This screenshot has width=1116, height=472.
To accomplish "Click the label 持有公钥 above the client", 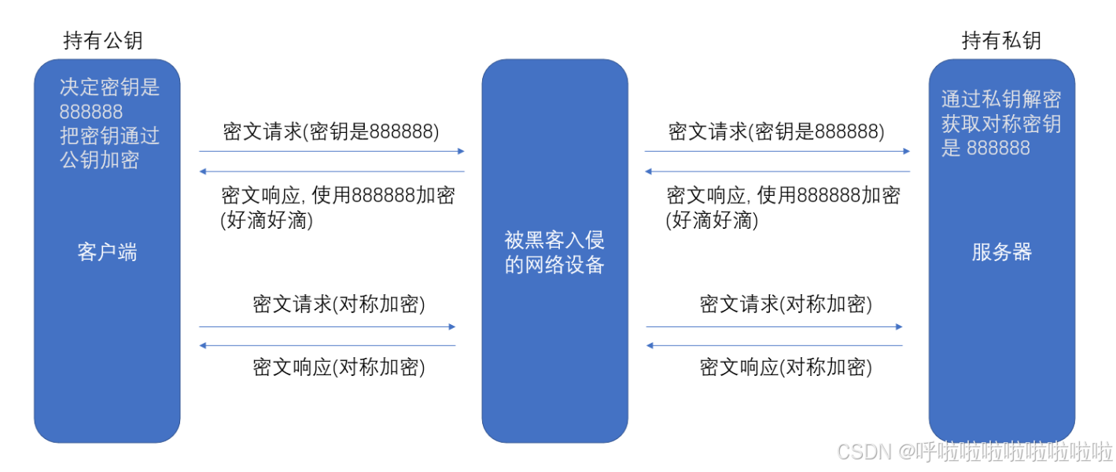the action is [x=103, y=40].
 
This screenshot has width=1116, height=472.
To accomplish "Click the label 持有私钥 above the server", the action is [x=1001, y=40].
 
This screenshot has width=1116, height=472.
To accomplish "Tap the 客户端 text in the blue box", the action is [x=107, y=253].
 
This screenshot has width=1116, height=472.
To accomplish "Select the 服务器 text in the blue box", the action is [x=1001, y=253].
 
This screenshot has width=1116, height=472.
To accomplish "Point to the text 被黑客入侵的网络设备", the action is [x=554, y=253].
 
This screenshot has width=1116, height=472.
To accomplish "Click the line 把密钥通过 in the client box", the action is [x=109, y=135].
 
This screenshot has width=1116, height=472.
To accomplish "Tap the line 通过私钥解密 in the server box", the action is [x=1001, y=99].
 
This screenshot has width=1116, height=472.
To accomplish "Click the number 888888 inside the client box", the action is [x=90, y=112].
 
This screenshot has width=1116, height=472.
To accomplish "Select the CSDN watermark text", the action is [x=974, y=452].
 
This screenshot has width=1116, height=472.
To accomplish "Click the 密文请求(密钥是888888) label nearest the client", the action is [x=331, y=131].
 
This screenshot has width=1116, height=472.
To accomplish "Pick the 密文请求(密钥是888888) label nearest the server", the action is [x=776, y=131].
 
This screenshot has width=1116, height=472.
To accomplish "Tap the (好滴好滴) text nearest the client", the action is [x=267, y=219].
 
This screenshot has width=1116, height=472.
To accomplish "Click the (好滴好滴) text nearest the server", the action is [x=712, y=219].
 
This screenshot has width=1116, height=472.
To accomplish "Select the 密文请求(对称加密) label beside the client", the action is [x=339, y=304].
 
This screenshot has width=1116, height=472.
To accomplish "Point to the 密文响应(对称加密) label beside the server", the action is [x=786, y=367].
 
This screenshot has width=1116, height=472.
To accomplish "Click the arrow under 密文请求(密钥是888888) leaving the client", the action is [x=332, y=151].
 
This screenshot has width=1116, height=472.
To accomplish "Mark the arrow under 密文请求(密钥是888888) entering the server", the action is [x=777, y=151].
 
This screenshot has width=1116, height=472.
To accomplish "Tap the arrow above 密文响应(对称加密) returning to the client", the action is [x=327, y=345].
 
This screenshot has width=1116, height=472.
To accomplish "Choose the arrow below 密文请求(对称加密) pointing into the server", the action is [x=774, y=327].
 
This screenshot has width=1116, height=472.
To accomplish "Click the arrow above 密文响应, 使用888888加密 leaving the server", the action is [x=777, y=171].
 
